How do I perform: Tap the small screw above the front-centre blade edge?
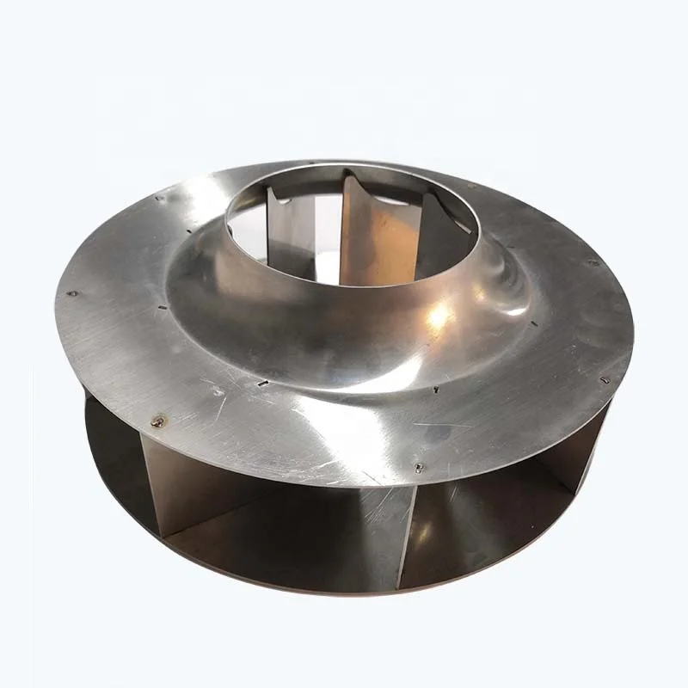(419, 468)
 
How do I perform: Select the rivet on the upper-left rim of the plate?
(160, 198)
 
